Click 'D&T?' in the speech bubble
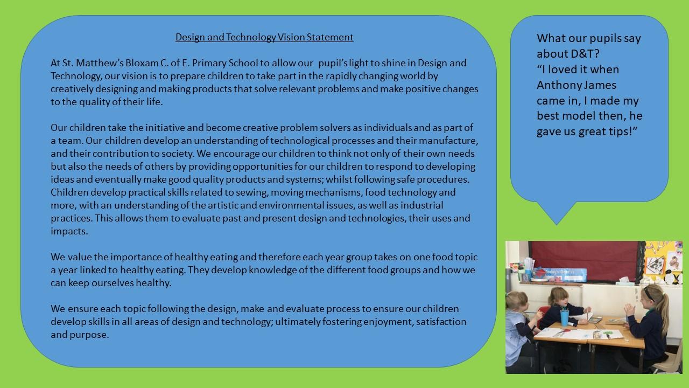pos(585,54)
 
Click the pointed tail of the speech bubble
pos(557,225)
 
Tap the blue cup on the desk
pos(565,317)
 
